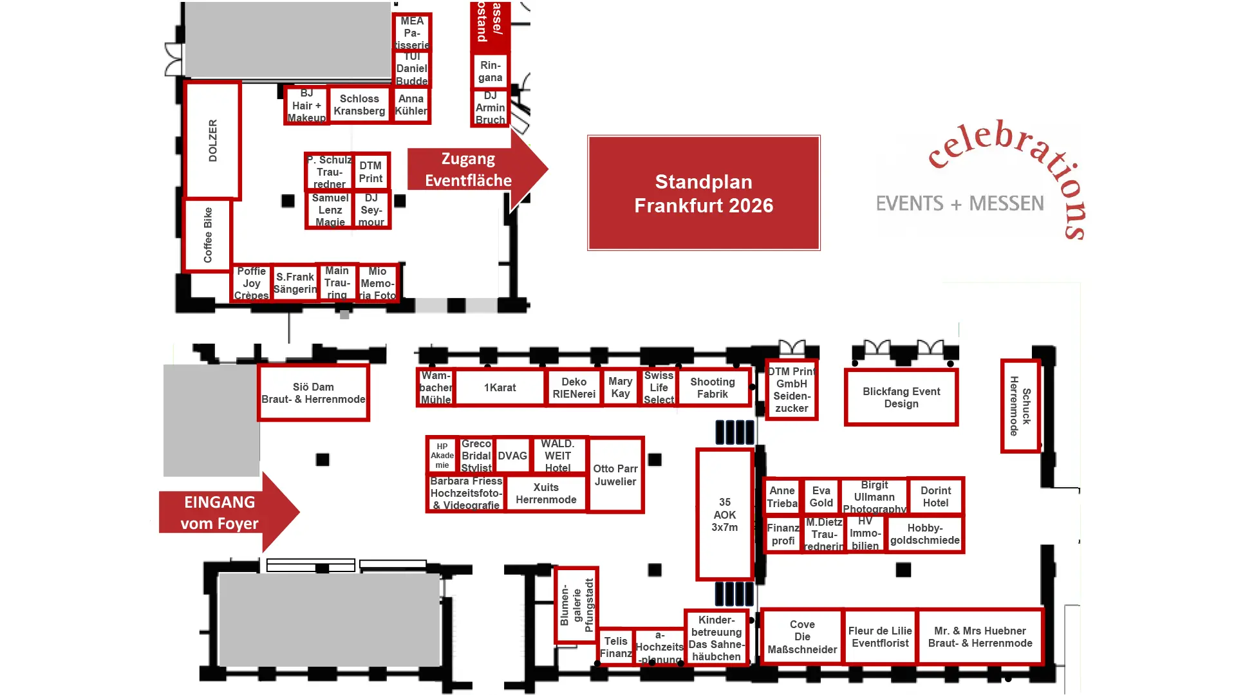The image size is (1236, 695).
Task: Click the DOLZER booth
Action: [212, 140]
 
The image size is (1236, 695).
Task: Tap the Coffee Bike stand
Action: [207, 235]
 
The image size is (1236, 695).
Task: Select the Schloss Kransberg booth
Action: [359, 105]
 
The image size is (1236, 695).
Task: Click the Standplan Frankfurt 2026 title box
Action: [704, 193]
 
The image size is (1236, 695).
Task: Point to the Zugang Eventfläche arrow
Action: [473, 170]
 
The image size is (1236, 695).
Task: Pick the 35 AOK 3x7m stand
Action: [725, 514]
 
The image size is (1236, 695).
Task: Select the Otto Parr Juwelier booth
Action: [615, 475]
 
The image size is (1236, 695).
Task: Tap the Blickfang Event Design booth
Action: [901, 398]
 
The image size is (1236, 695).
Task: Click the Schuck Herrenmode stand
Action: [1020, 406]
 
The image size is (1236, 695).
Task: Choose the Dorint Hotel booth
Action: [935, 496]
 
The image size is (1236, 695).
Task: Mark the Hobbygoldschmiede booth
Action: [924, 534]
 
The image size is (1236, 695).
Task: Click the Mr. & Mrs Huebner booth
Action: [980, 636]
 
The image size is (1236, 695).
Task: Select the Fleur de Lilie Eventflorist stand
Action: [880, 636]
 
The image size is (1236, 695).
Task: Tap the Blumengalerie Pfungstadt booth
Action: [576, 605]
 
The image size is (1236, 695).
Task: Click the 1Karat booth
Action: [500, 387]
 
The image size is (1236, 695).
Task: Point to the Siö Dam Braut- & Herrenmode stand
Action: [314, 393]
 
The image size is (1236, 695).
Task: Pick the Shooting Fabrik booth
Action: [713, 387]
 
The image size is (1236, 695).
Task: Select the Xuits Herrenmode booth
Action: [546, 493]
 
